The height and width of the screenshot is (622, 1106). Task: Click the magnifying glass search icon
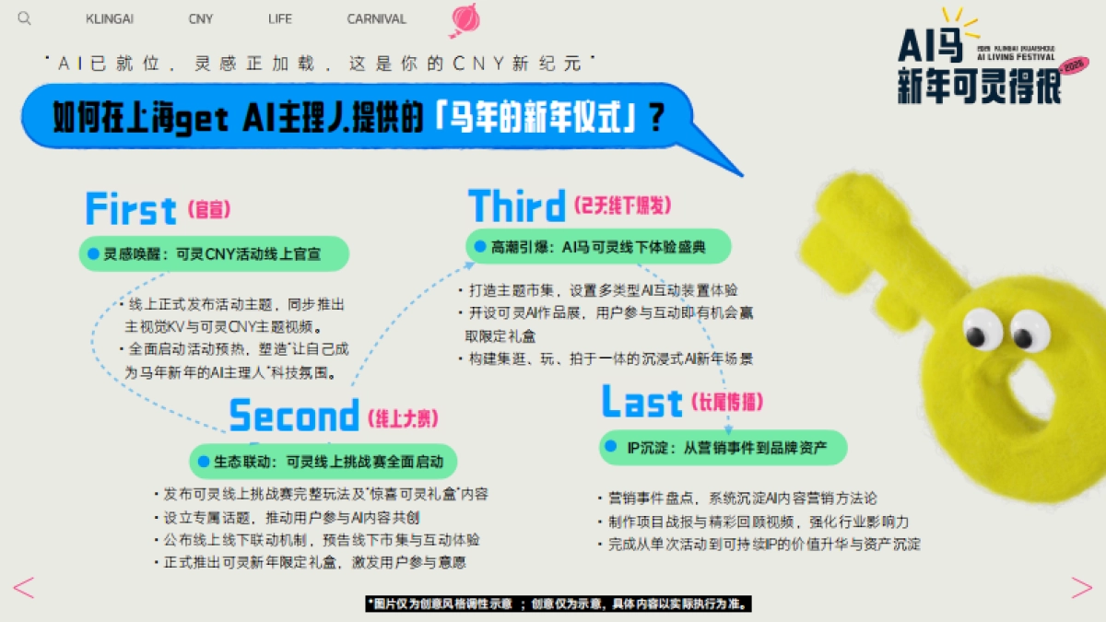(x=25, y=18)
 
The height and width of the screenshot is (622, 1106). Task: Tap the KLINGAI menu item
(x=111, y=19)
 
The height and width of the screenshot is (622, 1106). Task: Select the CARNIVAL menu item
(x=376, y=19)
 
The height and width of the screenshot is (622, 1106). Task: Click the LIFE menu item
(x=280, y=19)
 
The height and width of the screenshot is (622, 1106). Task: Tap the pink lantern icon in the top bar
(x=466, y=18)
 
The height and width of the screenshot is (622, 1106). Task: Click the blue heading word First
(x=130, y=209)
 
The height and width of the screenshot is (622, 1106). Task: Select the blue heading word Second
(x=293, y=416)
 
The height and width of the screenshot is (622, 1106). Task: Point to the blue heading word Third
(x=516, y=205)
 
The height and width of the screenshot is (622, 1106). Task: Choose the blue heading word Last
(x=641, y=403)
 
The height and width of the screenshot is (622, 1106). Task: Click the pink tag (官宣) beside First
(x=208, y=210)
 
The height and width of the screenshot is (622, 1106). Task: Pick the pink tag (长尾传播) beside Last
(x=726, y=403)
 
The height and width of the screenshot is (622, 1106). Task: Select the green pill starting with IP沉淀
(x=723, y=447)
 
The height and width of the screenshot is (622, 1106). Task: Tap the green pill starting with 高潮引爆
(x=598, y=246)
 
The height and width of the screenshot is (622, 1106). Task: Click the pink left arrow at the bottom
(x=23, y=587)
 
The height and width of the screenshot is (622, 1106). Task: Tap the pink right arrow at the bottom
(x=1080, y=587)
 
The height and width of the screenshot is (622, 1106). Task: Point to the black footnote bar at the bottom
(x=559, y=604)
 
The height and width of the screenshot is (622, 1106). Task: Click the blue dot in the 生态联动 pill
(x=205, y=460)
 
